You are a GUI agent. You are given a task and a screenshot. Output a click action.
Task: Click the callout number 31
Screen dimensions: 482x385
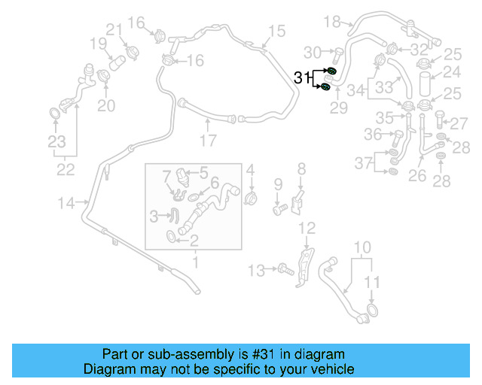coord(302,77)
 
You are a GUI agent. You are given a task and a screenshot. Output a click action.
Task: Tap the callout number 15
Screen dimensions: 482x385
coord(276,31)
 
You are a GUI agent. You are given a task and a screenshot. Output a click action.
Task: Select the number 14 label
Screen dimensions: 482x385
coord(67,202)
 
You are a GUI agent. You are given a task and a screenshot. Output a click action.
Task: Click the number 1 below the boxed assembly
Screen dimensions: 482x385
coord(195,262)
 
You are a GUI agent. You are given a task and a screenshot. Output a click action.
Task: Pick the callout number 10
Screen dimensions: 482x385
coord(362,247)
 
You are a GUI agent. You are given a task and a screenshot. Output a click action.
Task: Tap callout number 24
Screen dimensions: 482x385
coord(451,72)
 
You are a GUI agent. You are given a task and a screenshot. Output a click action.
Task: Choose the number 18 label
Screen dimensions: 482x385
coord(332,22)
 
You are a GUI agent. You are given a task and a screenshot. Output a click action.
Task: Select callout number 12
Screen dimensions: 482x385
coord(307,228)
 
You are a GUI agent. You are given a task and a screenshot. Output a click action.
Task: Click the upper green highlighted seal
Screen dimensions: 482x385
coord(331,71)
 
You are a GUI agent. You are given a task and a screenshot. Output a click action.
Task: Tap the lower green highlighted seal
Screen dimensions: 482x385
coord(325,86)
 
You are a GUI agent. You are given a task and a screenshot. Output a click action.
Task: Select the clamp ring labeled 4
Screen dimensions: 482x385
coord(251,198)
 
